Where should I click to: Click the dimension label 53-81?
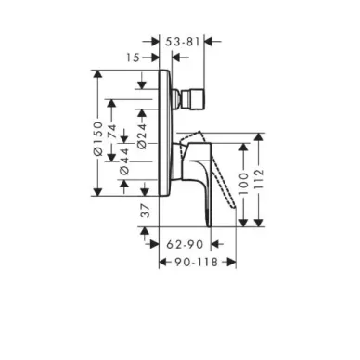click(183, 41)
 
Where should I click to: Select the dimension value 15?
click(134, 58)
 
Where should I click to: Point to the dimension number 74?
click(111, 132)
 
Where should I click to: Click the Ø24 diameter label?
click(142, 136)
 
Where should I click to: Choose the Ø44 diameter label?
click(124, 161)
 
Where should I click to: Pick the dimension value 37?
click(145, 211)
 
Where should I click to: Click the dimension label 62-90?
click(185, 245)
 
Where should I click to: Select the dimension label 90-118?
click(196, 263)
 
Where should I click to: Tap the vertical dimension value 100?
click(244, 184)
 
